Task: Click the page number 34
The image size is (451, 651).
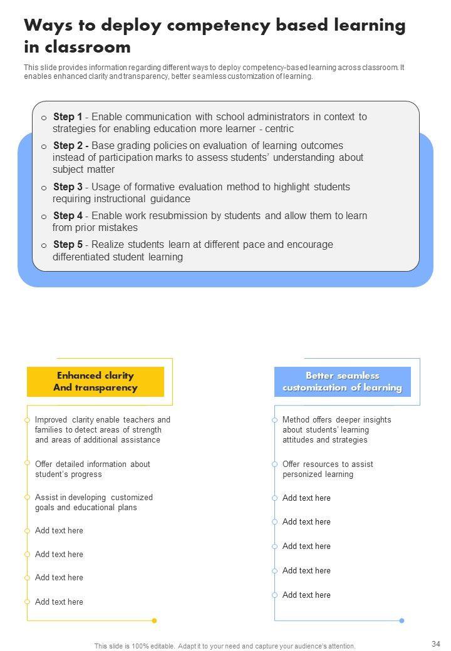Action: [436, 643]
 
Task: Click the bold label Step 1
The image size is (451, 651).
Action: [68, 117]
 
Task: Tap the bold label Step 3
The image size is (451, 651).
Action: [68, 187]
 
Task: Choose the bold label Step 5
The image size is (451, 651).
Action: [68, 245]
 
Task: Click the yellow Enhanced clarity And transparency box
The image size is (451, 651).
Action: [95, 382]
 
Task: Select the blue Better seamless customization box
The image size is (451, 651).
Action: [342, 382]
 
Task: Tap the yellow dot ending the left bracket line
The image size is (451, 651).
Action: [154, 620]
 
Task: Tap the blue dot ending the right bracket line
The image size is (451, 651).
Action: [402, 620]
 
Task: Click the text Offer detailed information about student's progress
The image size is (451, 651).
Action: [93, 469]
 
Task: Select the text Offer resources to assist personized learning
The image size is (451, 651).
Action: [328, 469]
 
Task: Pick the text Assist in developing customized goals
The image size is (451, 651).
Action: [94, 503]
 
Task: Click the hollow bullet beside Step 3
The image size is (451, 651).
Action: [44, 188]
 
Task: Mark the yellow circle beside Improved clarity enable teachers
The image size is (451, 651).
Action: [27, 419]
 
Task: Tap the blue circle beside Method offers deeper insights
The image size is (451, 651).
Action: [274, 419]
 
